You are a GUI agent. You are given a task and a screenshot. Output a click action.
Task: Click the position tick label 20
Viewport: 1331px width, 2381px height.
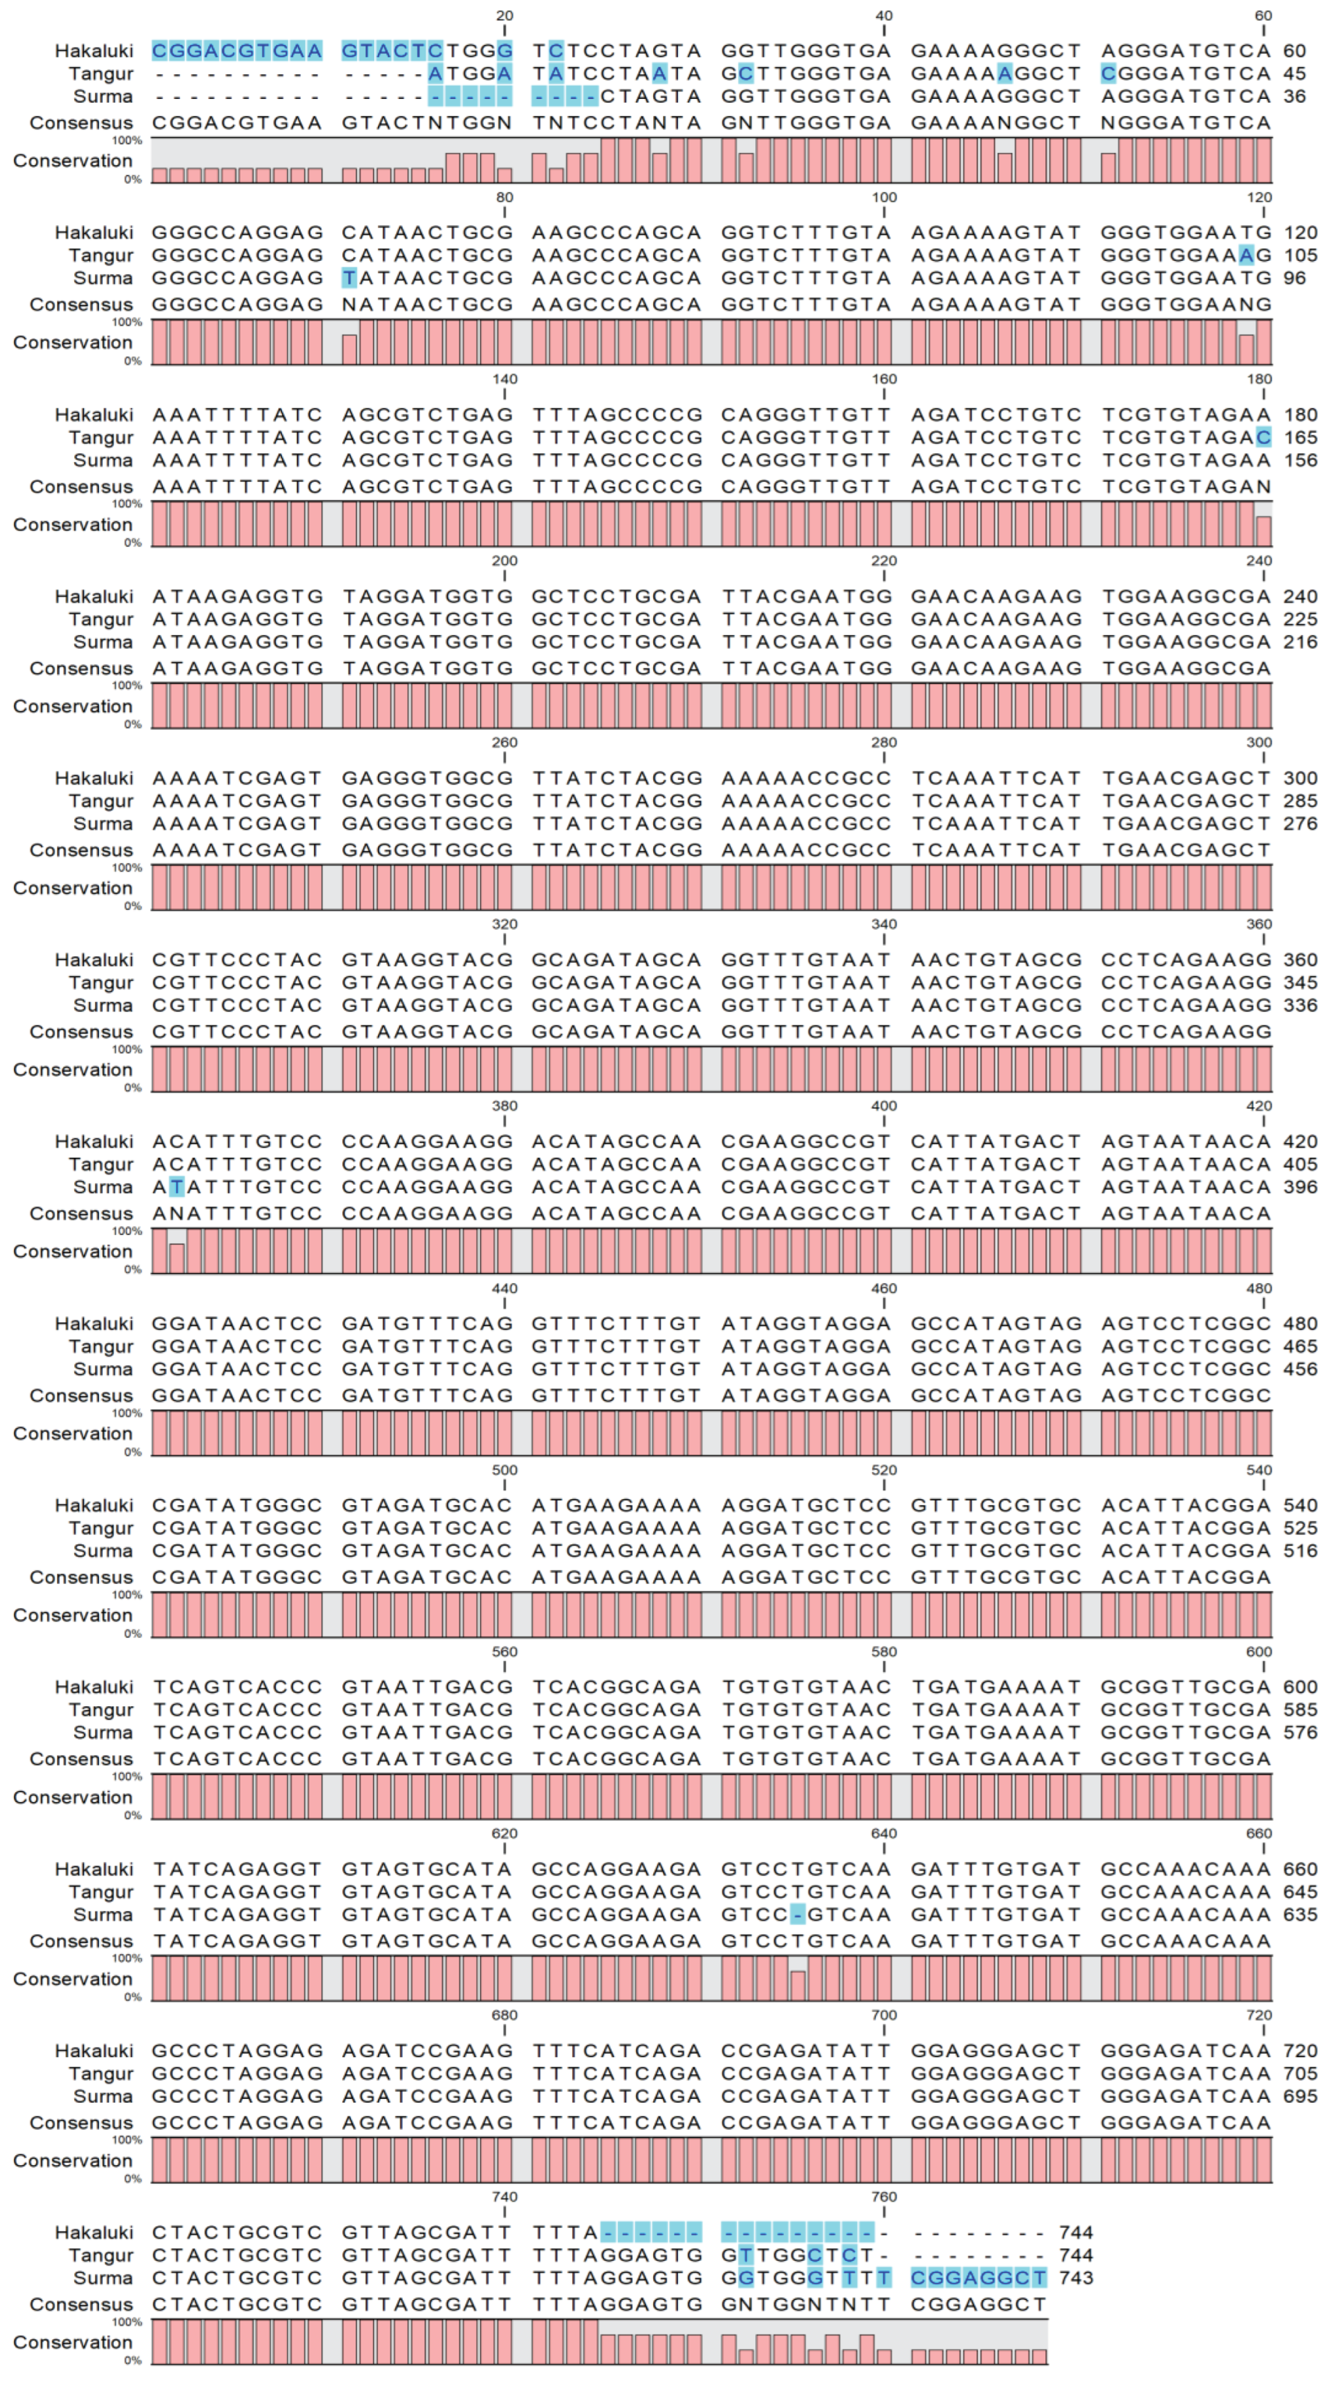(505, 16)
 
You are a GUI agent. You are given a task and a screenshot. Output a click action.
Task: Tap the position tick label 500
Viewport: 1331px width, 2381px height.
(505, 1470)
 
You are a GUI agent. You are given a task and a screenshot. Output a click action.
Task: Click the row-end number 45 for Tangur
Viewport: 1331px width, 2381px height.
(1294, 74)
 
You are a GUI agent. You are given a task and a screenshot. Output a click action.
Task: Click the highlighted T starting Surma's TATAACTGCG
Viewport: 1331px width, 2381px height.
(349, 278)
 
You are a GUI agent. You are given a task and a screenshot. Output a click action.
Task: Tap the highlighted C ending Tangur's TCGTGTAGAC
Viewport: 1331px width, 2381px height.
(1264, 437)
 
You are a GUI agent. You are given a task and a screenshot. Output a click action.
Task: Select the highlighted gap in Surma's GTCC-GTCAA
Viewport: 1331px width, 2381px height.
(799, 1914)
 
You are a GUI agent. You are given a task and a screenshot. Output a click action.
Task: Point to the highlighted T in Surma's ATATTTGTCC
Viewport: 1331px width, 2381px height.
(177, 1187)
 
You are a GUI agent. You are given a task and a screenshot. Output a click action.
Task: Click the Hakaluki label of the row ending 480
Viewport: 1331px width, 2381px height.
(94, 1323)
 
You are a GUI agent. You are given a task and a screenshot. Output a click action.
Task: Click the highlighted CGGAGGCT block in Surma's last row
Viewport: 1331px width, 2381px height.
(979, 2278)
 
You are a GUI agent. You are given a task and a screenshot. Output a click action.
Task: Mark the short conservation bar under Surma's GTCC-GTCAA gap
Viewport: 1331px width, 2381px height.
(799, 1985)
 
